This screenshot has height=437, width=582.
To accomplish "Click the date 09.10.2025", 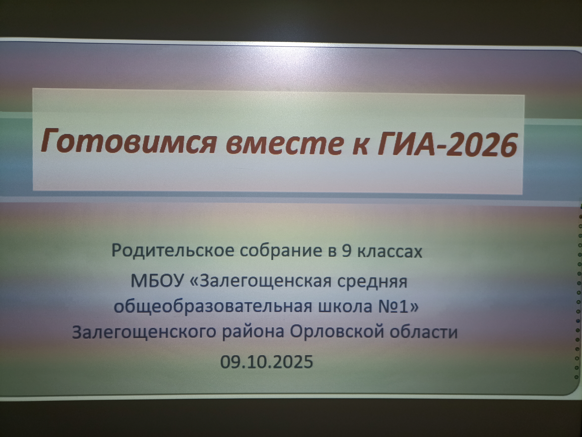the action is (267, 361).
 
